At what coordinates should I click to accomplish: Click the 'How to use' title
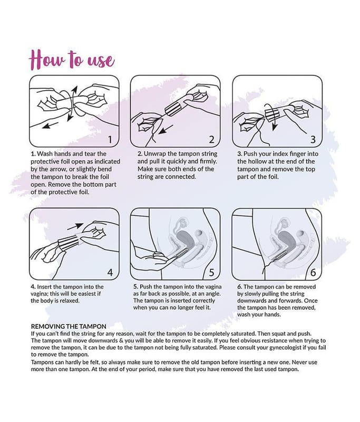(72, 59)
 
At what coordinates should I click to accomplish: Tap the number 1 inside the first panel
(110, 140)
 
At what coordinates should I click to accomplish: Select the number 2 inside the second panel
(211, 140)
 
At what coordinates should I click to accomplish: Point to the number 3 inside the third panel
(313, 140)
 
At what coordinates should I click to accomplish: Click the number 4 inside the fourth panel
(110, 273)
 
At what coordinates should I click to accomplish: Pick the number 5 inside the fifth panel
(211, 273)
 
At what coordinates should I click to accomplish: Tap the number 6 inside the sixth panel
(313, 273)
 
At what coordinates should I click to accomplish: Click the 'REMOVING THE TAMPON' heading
(69, 327)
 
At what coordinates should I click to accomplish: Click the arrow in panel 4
(75, 227)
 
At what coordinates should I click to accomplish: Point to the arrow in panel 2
(166, 129)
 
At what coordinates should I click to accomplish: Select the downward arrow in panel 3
(274, 124)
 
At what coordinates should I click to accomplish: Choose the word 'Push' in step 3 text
(250, 154)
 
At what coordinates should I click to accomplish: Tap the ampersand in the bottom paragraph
(121, 340)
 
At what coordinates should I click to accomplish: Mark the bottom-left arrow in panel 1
(50, 125)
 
